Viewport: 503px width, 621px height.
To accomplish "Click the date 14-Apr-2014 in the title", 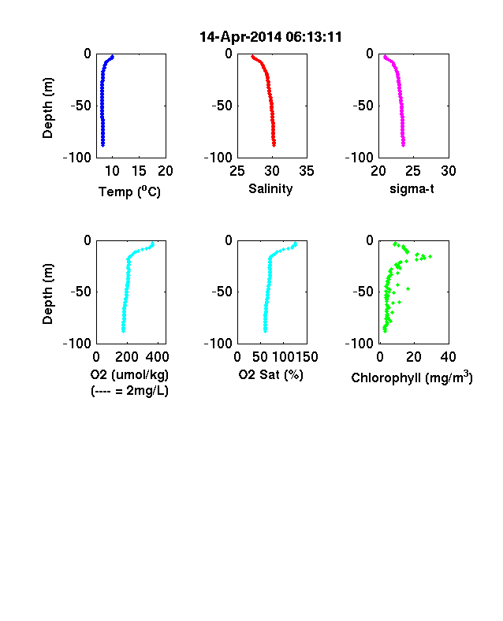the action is pos(241,37).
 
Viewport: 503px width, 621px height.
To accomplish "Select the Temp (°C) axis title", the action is pos(129,192).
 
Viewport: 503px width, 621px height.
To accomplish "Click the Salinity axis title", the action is pos(270,189).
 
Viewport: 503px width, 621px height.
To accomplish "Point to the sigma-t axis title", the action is pos(412,189).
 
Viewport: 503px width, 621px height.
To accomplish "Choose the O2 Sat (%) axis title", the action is pos(271,374).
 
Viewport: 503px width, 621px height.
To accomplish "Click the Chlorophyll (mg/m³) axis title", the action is pos(412,377).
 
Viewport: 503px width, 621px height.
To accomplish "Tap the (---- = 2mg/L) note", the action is pos(130,391).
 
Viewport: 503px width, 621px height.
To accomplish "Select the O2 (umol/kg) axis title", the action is pos(129,374).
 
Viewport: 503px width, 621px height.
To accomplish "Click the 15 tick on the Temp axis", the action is pos(139,171).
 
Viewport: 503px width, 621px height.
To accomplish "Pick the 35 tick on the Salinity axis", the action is pos(307,171).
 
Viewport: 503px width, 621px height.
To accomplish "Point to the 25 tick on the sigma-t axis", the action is pos(413,171).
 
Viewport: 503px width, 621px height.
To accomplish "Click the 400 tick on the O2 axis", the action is pos(157,357).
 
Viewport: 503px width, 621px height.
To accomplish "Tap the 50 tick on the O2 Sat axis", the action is pos(260,357).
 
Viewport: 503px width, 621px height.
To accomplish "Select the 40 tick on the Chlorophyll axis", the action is pos(449,357).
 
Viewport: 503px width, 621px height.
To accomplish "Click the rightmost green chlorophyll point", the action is pos(430,257).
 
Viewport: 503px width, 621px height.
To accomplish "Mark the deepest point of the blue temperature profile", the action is pos(102,145).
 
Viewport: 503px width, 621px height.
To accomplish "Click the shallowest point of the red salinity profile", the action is pos(253,57).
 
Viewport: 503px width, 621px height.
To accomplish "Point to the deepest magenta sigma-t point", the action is pos(403,145).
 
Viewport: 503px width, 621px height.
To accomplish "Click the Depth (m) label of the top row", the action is pos(47,108).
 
